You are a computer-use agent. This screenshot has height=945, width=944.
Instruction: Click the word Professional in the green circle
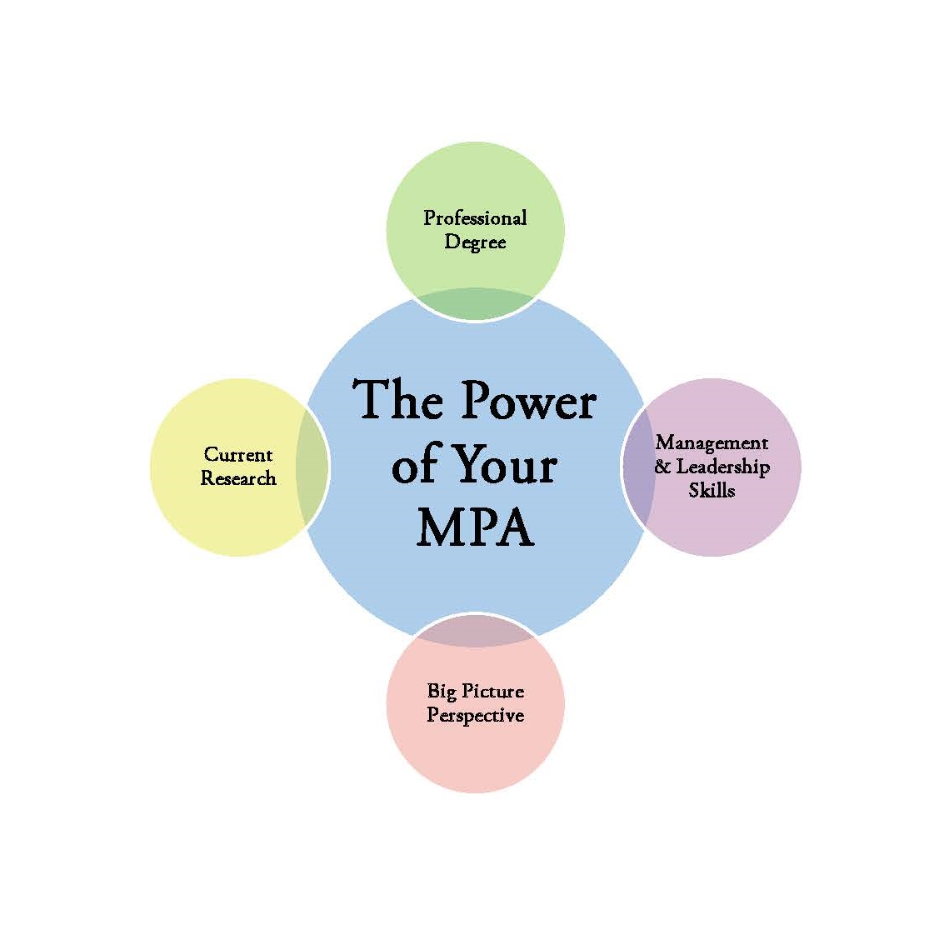coord(475,218)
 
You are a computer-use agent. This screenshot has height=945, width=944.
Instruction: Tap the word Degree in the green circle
coord(475,242)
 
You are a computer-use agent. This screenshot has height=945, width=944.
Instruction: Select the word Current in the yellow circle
coord(238,455)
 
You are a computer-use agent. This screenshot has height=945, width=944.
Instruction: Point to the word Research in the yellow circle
coord(238,478)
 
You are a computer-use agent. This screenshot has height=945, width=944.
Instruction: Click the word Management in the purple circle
coord(712,443)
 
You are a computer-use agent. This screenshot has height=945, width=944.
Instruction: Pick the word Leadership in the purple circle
coord(722,467)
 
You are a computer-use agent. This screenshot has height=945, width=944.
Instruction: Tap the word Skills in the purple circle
coord(712,490)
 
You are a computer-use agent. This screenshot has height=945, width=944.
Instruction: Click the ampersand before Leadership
coord(662,467)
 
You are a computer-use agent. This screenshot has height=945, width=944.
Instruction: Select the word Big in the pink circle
coord(441,691)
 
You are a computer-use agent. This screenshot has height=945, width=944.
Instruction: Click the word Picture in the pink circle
coord(492,691)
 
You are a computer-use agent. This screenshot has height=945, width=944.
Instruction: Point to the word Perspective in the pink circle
coord(475,715)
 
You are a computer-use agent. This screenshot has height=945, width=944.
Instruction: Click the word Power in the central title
coord(528,401)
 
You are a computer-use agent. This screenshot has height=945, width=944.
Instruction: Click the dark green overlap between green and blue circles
coord(475,305)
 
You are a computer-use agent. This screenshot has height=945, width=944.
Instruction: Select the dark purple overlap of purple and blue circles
coord(637,467)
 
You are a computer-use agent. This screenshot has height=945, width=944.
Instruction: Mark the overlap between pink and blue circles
coord(475,630)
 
